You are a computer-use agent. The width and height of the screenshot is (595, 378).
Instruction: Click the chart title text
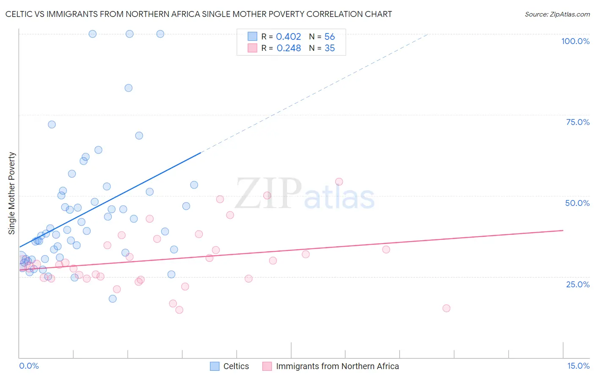198,14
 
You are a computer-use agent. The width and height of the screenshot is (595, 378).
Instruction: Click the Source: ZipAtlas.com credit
557,14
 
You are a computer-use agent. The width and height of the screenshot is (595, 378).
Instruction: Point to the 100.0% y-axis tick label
575,41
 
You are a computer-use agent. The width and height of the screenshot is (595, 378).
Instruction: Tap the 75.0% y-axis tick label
578,122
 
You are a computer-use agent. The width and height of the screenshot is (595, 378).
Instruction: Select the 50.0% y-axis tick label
577,203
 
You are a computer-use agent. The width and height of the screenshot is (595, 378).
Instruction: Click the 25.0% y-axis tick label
578,284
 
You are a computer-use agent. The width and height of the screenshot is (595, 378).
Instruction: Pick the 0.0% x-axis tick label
29,366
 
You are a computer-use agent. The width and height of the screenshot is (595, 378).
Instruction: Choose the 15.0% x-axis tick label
578,366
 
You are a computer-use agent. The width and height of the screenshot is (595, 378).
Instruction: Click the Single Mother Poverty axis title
11,193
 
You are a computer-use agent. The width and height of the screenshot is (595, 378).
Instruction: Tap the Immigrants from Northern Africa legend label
331,366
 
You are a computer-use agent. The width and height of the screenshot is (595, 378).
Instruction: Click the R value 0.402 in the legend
288,37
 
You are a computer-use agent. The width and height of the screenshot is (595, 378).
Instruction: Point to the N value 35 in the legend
330,48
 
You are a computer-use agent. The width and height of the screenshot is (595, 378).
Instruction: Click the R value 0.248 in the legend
289,48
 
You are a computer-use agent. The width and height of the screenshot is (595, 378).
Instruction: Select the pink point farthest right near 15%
446,308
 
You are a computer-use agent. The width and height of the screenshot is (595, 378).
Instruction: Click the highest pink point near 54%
339,182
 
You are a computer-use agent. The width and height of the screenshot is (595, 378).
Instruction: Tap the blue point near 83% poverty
129,88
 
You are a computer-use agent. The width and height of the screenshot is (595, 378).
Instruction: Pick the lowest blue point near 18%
113,299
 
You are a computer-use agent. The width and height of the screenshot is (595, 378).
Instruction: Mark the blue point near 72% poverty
52,125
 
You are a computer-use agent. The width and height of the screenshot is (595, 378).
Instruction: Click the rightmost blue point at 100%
160,34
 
